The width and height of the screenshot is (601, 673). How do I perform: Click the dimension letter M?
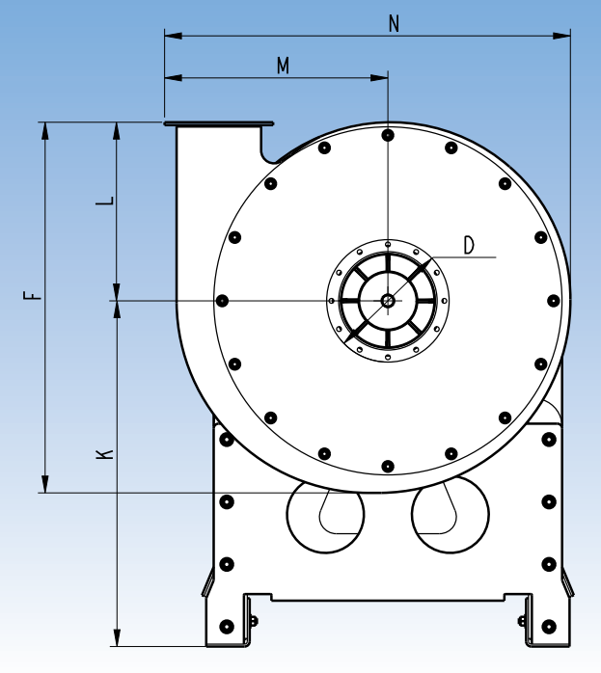[283, 66]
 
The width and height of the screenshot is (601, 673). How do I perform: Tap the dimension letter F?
[35, 294]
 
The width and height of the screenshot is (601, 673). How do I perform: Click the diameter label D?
[469, 245]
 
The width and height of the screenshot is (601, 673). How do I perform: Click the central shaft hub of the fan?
[387, 301]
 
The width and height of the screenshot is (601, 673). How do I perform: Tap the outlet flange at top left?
[218, 123]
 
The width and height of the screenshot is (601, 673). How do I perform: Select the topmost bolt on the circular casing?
[387, 135]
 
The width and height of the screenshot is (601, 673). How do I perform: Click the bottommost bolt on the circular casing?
[387, 467]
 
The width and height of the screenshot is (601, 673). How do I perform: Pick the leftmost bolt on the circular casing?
[223, 301]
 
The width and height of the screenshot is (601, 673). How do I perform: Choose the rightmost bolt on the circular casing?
[552, 301]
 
